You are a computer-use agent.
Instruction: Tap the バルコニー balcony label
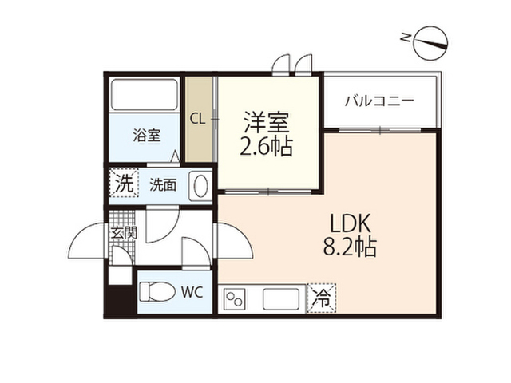point(379,101)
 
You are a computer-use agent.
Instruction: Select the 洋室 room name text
point(266,122)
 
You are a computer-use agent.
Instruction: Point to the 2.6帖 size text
point(266,146)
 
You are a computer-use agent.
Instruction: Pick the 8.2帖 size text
point(350,247)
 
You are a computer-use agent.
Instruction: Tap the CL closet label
point(197,120)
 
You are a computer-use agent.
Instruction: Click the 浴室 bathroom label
point(147,135)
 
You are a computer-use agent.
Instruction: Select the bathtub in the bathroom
point(145,94)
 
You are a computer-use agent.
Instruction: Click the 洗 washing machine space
point(124,183)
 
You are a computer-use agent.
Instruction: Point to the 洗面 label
point(163,185)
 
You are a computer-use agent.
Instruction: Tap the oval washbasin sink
point(200,185)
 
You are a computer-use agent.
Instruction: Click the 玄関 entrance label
point(124,232)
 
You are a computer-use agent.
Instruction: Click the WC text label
point(192,292)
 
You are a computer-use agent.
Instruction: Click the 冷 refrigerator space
point(321,298)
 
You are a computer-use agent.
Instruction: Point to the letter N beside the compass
point(405,38)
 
